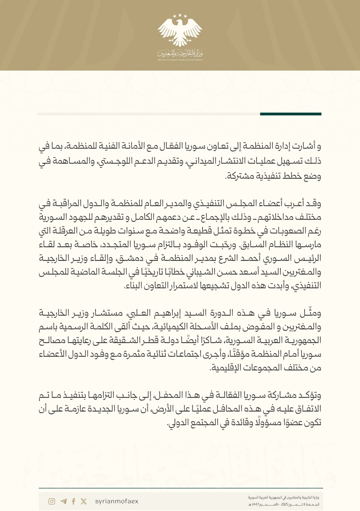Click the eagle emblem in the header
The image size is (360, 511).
(180, 30)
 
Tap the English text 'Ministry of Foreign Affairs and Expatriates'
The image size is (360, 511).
(180, 60)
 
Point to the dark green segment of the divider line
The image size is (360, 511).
(291, 114)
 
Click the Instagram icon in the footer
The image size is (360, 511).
(52, 501)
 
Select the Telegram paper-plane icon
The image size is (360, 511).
(63, 501)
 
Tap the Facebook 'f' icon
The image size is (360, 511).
(73, 501)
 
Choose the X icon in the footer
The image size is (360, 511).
(84, 501)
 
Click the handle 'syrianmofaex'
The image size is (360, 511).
(117, 501)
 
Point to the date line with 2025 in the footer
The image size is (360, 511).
(283, 505)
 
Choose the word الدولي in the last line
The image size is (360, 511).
(178, 423)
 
